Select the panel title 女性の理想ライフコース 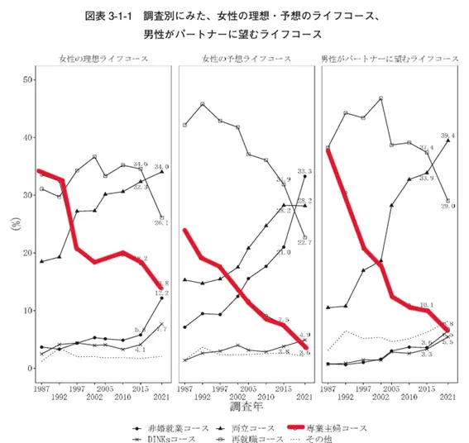[103, 60]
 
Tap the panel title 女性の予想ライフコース [246, 60]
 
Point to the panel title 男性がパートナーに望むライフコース [390, 60]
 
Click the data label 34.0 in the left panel [162, 167]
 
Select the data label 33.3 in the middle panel [304, 170]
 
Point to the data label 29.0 [447, 205]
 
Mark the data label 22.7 [304, 241]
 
